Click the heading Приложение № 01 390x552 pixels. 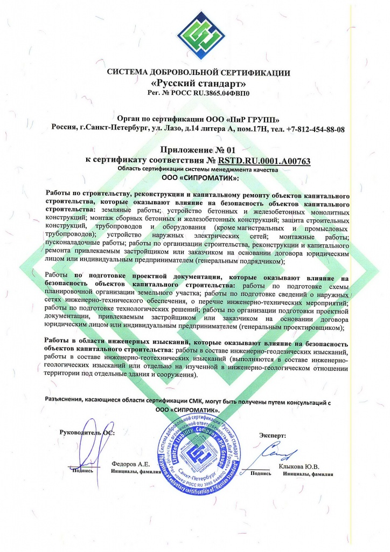[199, 150]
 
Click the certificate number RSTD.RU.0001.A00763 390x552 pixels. [264, 160]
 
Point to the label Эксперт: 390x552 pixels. [273, 434]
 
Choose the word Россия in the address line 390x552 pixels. [64, 129]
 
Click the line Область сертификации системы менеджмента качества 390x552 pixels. [199, 169]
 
